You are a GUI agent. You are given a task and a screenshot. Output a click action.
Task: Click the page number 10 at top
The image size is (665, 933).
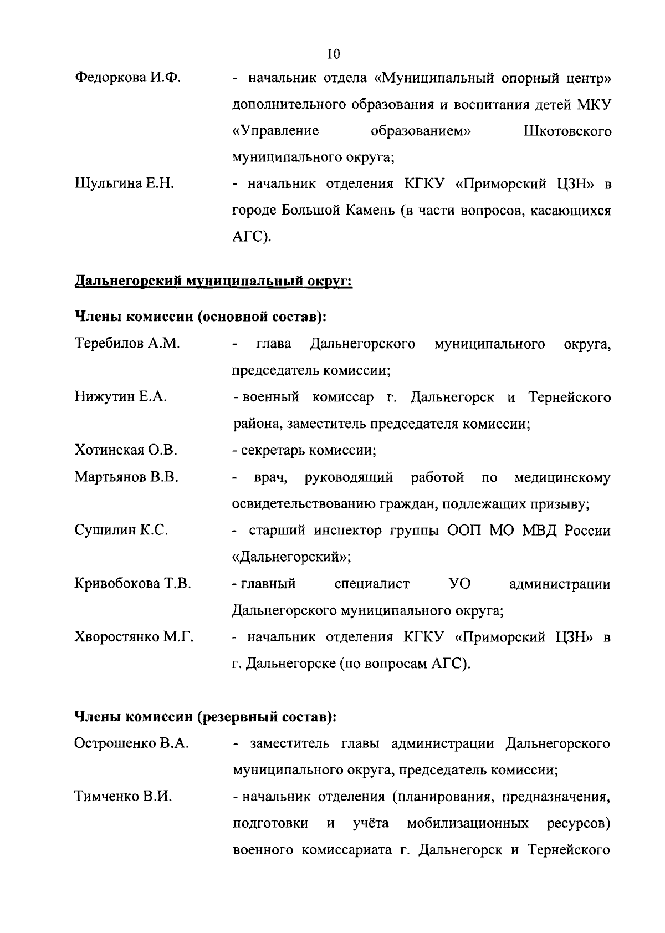point(334,54)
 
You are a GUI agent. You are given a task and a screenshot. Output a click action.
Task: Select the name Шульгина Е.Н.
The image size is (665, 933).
point(124,184)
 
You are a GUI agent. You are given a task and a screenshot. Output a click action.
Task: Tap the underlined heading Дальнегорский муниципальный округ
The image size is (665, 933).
point(213,282)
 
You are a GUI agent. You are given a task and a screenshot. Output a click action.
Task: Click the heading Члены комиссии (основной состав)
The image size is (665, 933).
point(200,317)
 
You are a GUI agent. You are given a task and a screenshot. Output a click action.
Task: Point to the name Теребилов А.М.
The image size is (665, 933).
point(127,344)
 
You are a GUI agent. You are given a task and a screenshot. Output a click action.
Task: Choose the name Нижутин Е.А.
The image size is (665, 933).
point(121,397)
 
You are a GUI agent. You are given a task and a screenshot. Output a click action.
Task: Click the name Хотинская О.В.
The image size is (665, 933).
point(126,450)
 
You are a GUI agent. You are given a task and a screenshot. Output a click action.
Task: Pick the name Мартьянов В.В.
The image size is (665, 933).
point(126,477)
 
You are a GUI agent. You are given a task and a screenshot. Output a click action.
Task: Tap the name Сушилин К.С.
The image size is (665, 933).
point(121,530)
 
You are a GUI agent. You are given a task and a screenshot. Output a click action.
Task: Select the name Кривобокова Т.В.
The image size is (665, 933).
point(133,584)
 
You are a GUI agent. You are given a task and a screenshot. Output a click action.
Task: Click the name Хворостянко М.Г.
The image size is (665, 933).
point(134,637)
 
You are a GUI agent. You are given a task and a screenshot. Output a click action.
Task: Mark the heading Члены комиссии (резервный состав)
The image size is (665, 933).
point(206,717)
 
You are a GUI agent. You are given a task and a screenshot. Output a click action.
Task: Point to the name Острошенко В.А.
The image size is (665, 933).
point(132,743)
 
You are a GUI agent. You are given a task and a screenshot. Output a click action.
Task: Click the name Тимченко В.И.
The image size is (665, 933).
point(123,797)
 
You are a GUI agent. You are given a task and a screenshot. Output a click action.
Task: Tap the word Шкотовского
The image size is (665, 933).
point(567,131)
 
